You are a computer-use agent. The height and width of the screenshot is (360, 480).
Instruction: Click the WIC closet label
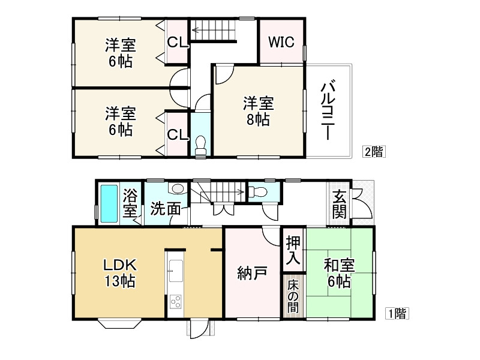coord(281,42)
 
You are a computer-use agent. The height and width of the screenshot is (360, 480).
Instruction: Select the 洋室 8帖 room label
coord(257,111)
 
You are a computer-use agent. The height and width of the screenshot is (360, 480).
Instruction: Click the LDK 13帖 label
coord(119,272)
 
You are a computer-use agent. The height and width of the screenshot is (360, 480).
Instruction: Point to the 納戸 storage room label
coord(252,273)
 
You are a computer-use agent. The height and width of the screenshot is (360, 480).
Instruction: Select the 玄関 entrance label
coord(340,204)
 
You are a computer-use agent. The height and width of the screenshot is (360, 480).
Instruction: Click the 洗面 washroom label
coord(165,208)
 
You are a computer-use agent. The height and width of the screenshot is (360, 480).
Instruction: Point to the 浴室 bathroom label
coord(130,204)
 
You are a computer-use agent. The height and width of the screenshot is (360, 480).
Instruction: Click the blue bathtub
coord(109,203)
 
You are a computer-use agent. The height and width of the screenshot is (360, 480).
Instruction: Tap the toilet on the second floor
coord(200,146)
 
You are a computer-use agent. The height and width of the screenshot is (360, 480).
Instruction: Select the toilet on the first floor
coord(257,193)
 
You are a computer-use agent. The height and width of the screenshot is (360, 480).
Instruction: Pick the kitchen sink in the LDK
coord(175,271)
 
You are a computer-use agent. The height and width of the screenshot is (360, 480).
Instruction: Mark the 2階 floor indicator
coord(373,152)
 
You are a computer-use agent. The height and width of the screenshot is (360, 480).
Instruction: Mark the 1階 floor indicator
coord(397,313)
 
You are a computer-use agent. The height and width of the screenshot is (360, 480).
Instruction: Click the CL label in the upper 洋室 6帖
coord(178,42)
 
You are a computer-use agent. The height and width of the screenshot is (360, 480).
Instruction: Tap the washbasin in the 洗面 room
coord(178,189)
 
